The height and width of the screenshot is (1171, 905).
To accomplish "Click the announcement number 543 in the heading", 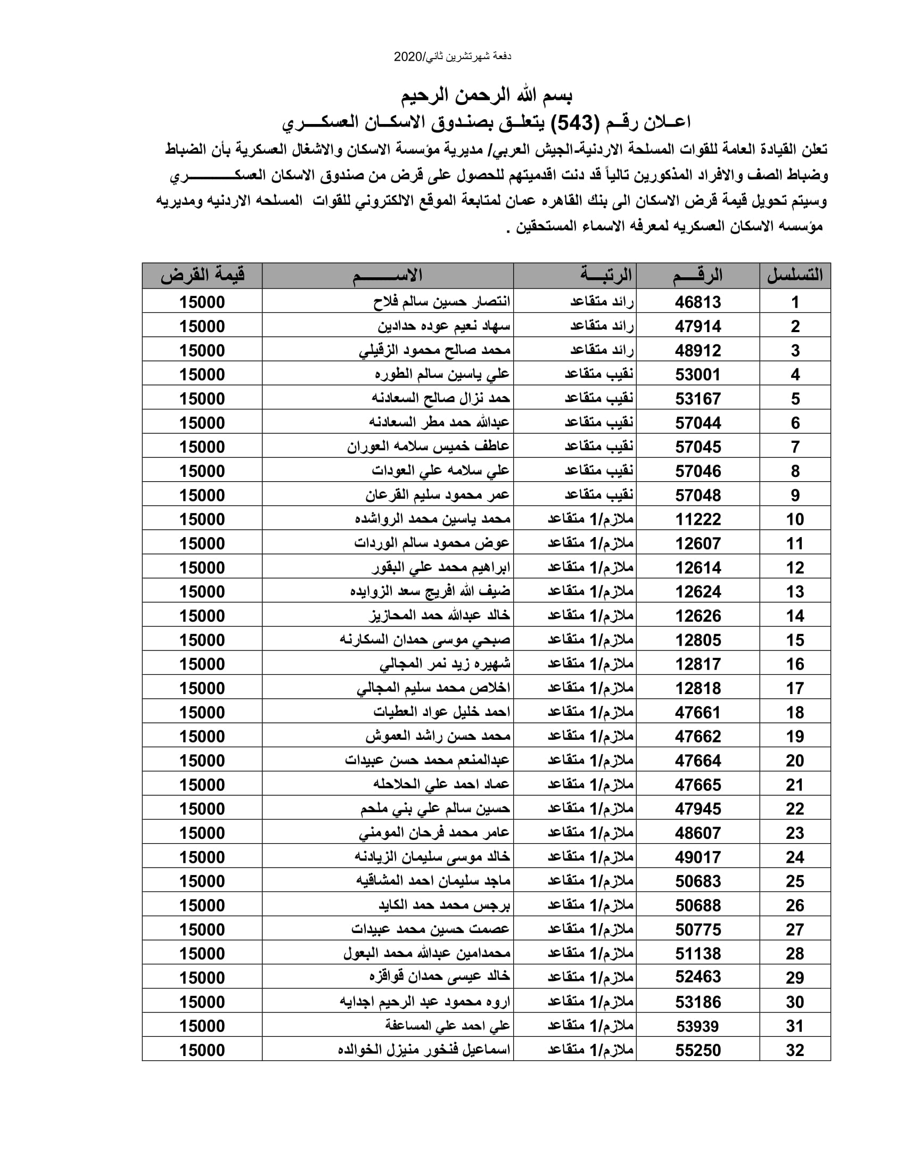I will coord(575,123).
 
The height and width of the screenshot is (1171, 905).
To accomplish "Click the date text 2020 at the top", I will coord(408,57).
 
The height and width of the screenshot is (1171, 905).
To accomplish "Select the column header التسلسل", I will coord(795,276).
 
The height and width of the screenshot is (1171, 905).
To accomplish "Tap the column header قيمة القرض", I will coord(202,276).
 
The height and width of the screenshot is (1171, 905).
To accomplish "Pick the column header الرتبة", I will coord(606,276).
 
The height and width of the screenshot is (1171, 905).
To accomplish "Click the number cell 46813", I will coord(697,302).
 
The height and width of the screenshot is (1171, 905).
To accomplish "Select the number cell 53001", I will coord(697,375).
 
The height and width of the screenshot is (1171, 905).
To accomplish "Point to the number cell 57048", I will coord(697,496).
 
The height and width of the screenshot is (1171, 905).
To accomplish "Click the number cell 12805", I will coord(697,640).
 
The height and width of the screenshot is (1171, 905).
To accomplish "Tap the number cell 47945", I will coord(697,809).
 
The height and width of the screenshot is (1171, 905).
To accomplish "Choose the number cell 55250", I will coord(697,1050).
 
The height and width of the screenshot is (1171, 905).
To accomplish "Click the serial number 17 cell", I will coord(795,688).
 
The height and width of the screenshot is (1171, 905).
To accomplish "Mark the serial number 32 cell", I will coord(795,1050).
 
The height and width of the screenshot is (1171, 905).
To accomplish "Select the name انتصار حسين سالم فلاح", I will coord(442,302).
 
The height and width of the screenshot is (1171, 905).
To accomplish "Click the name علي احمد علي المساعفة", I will coord(448,1026).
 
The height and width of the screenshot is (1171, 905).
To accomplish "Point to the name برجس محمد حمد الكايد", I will coord(445,905).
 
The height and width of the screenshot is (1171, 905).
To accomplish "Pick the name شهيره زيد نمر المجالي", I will coord(445,664).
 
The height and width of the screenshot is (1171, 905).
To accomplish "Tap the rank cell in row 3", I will coord(602,351).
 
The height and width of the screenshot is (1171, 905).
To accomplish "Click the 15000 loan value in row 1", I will coord(202,302).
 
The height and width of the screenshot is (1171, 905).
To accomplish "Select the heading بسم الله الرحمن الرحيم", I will coord(487,96).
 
